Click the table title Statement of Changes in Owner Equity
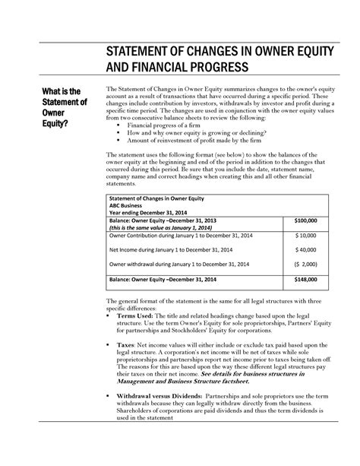pyautogui.click(x=159, y=198)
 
